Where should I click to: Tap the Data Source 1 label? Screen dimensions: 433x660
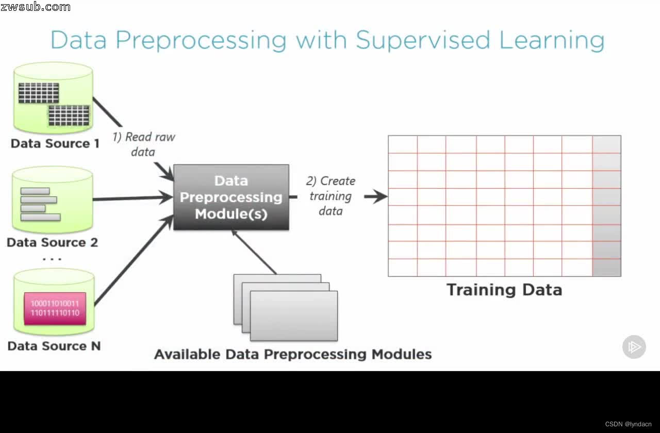(x=55, y=143)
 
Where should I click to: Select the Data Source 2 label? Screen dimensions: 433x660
(x=52, y=242)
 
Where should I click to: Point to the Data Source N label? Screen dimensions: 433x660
(x=54, y=346)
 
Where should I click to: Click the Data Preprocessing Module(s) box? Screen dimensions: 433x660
(x=231, y=197)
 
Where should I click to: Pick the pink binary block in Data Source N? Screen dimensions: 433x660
(x=55, y=308)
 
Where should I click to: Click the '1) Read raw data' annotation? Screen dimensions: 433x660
(x=143, y=144)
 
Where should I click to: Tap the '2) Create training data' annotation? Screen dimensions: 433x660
(x=331, y=196)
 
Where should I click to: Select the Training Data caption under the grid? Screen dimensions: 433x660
(x=504, y=290)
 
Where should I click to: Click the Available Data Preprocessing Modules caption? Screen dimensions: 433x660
(x=292, y=355)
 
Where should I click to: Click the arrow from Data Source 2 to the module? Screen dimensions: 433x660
(x=133, y=198)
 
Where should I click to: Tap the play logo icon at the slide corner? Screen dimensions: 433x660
(x=634, y=347)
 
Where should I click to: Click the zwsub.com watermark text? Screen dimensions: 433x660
(x=36, y=7)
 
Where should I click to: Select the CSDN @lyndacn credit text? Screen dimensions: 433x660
(x=628, y=424)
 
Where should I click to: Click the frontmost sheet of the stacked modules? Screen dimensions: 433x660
(x=294, y=315)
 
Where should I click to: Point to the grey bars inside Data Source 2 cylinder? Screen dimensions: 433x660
(x=40, y=205)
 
